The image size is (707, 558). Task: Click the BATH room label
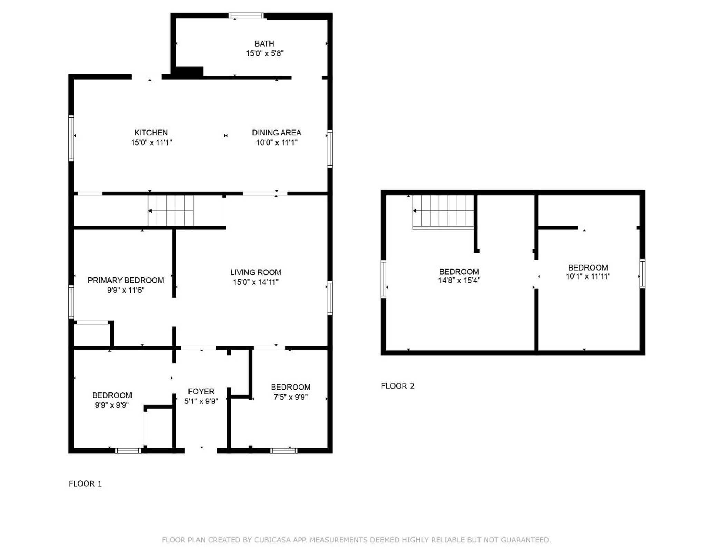coord(264,44)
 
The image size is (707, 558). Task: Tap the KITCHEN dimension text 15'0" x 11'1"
coord(151,143)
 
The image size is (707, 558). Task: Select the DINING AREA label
coord(276,133)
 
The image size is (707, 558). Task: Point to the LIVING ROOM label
coord(255,272)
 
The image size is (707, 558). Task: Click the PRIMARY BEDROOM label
coord(126,280)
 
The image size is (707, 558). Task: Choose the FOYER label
coord(201,391)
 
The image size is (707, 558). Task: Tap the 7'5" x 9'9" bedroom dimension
coord(290,397)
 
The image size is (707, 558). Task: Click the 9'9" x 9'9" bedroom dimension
coord(112,405)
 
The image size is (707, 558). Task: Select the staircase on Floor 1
coord(171,211)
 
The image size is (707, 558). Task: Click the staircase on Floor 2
coord(443,211)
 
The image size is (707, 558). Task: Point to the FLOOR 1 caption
coord(85,484)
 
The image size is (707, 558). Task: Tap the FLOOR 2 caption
coord(397,386)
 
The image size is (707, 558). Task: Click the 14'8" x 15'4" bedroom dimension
coord(459,281)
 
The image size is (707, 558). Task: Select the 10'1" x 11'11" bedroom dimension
coord(588,276)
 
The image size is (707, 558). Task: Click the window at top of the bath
coord(246,16)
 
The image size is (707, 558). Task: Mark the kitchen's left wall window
coord(71,138)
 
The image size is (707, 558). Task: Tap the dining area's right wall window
coord(330,148)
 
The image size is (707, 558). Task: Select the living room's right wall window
coord(330,298)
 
